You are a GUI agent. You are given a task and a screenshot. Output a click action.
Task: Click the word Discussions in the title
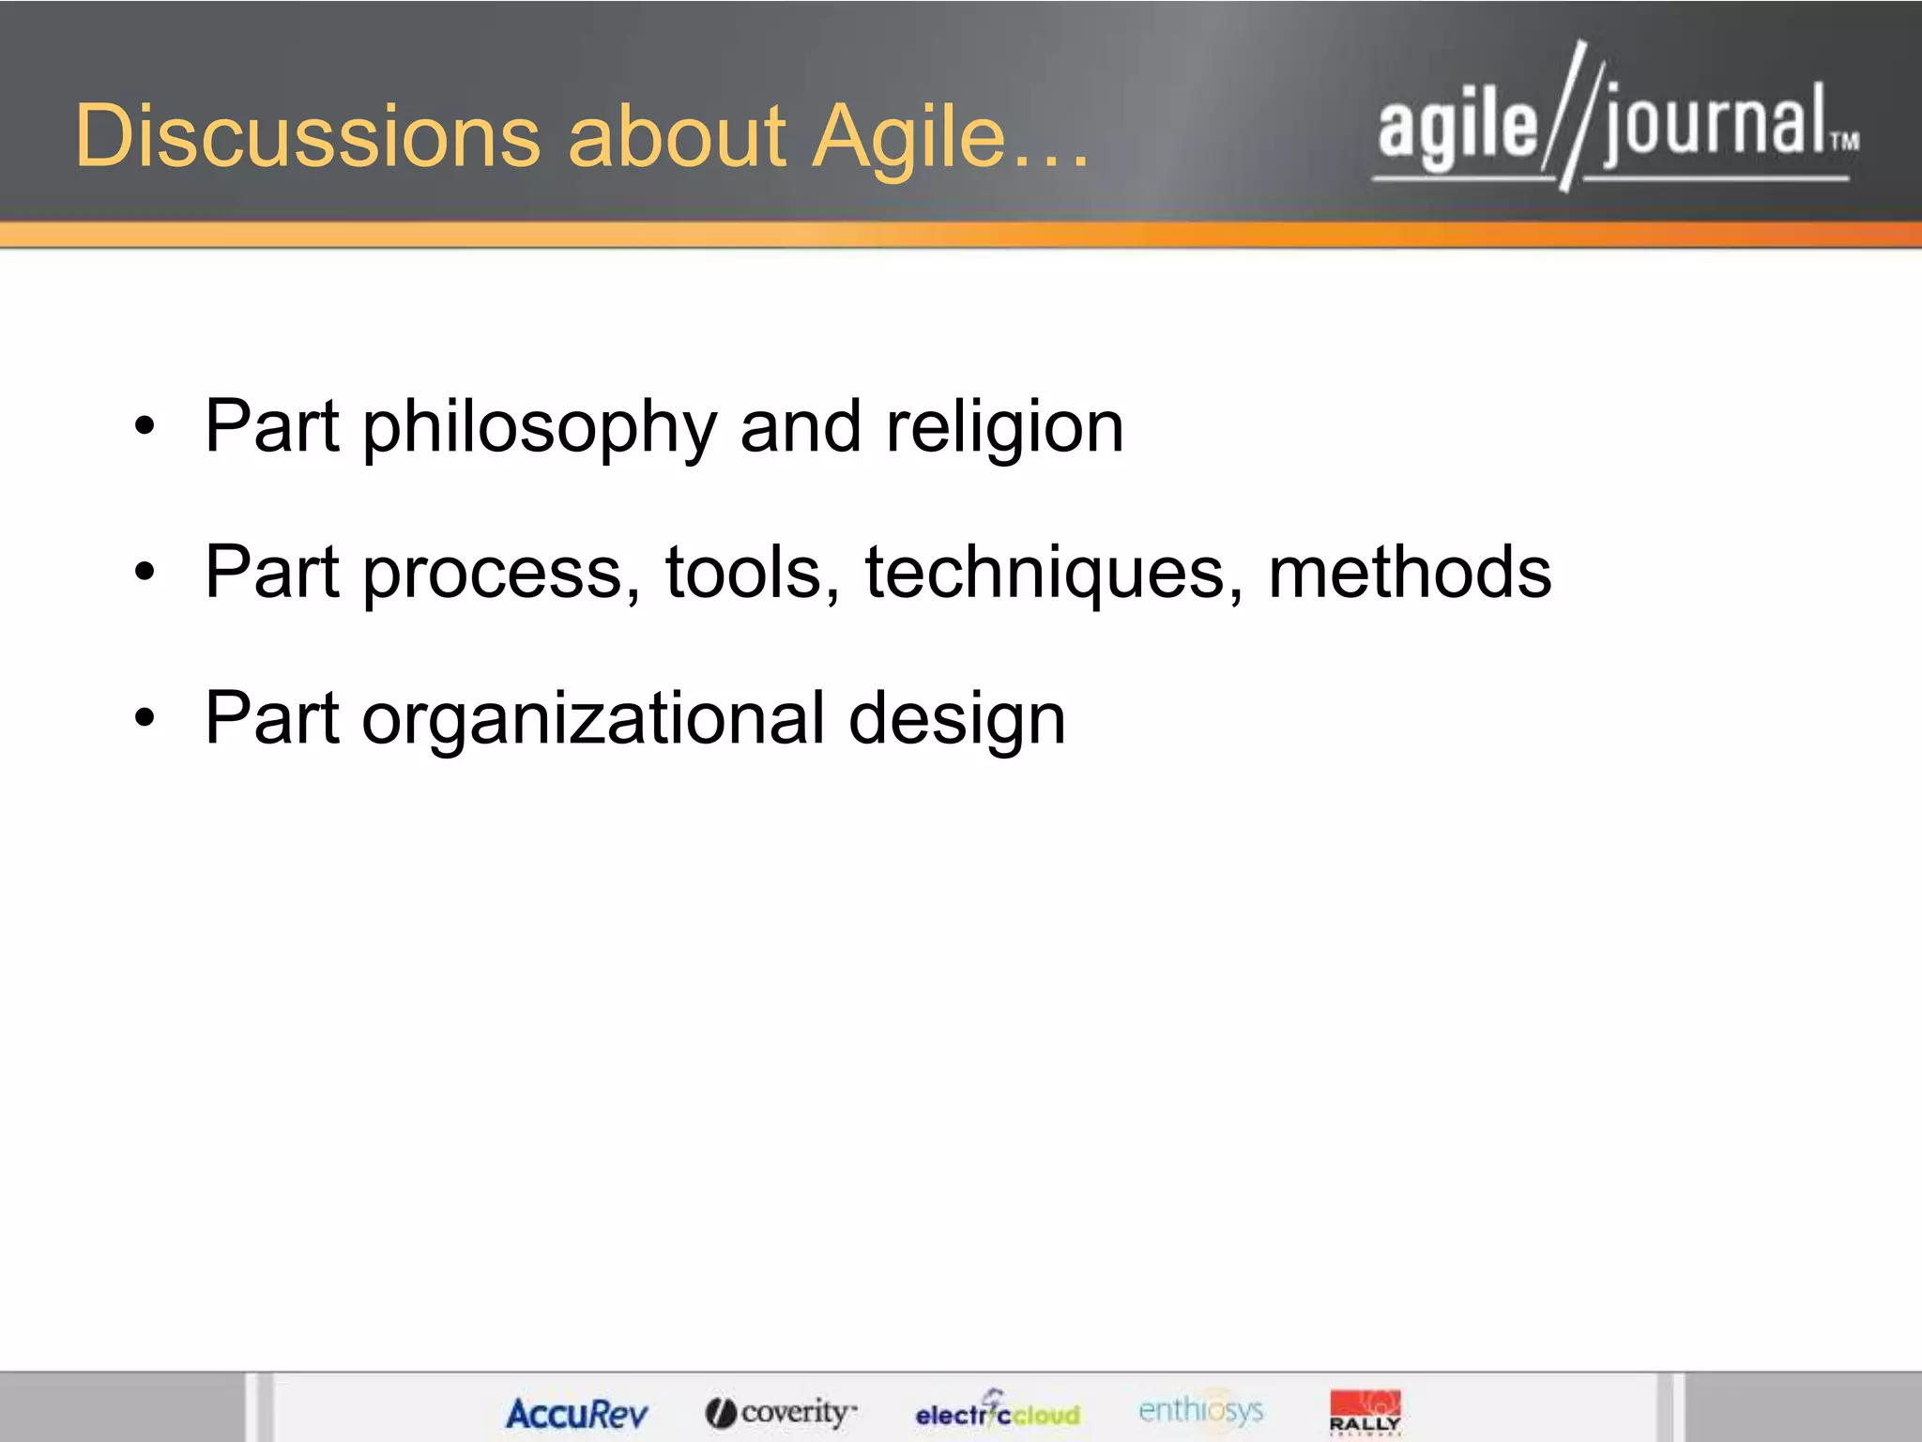point(308,136)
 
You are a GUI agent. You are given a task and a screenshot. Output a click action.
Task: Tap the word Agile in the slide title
point(908,138)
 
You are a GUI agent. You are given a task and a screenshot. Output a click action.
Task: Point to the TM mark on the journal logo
point(1844,142)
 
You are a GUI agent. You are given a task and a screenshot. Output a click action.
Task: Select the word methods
point(1410,573)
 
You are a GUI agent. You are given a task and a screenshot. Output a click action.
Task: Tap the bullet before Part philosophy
point(144,427)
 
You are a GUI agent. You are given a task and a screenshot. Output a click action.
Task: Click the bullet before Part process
point(144,572)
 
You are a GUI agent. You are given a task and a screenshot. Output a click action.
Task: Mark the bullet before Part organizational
point(144,718)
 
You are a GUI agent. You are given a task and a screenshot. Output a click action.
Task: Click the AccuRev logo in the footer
point(576,1414)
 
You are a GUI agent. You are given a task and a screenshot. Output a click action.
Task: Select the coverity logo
point(781,1412)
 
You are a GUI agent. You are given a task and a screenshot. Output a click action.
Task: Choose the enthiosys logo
point(1200,1410)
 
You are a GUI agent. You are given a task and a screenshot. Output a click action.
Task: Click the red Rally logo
point(1365,1412)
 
